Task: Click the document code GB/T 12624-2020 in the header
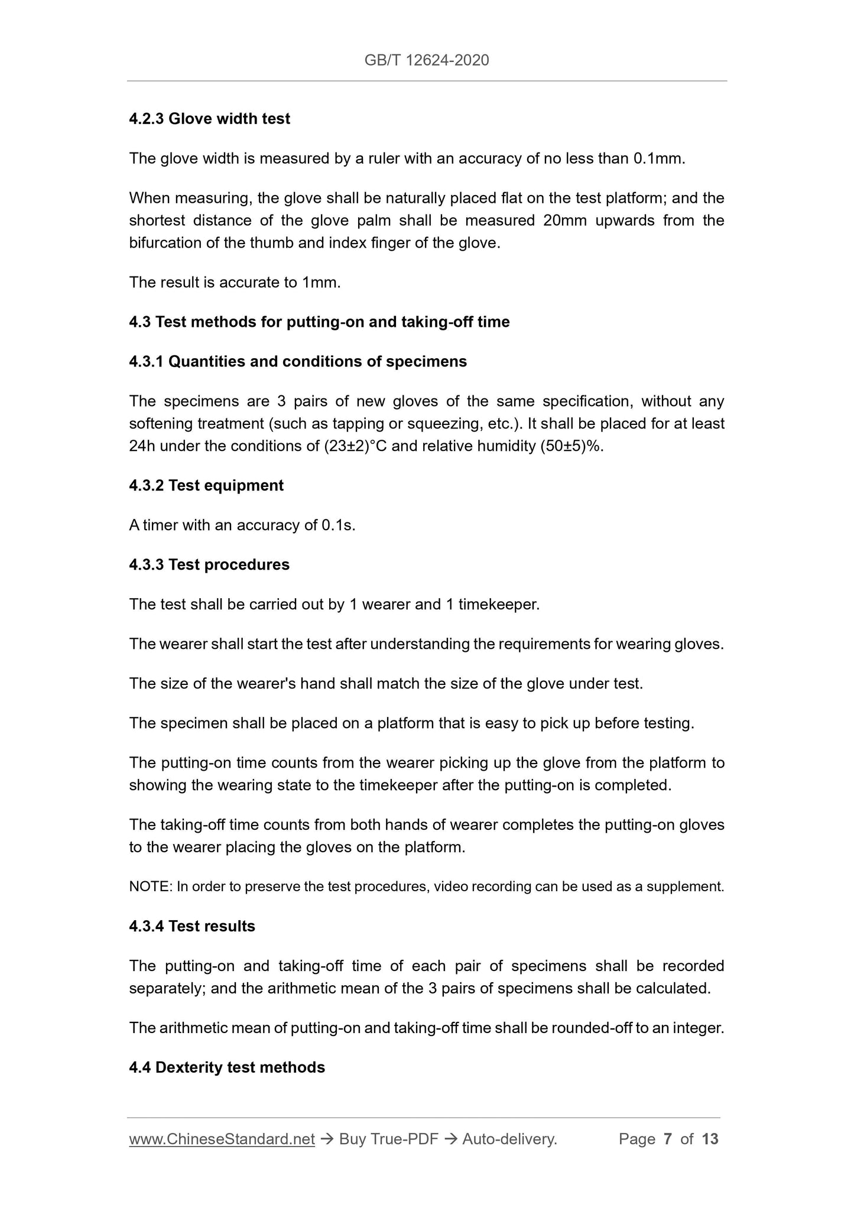tap(427, 60)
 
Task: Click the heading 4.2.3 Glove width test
tap(209, 119)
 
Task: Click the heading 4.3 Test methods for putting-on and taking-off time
tap(319, 322)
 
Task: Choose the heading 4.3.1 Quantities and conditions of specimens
tap(297, 361)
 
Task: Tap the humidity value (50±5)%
tap(572, 446)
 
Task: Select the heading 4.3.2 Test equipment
tap(206, 485)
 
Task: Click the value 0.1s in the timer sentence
tap(337, 525)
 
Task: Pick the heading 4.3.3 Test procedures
tap(209, 564)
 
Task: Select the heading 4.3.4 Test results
tap(192, 926)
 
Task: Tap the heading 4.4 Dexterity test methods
tap(227, 1067)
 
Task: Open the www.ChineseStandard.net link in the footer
tap(222, 1139)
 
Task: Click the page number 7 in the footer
tap(668, 1139)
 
